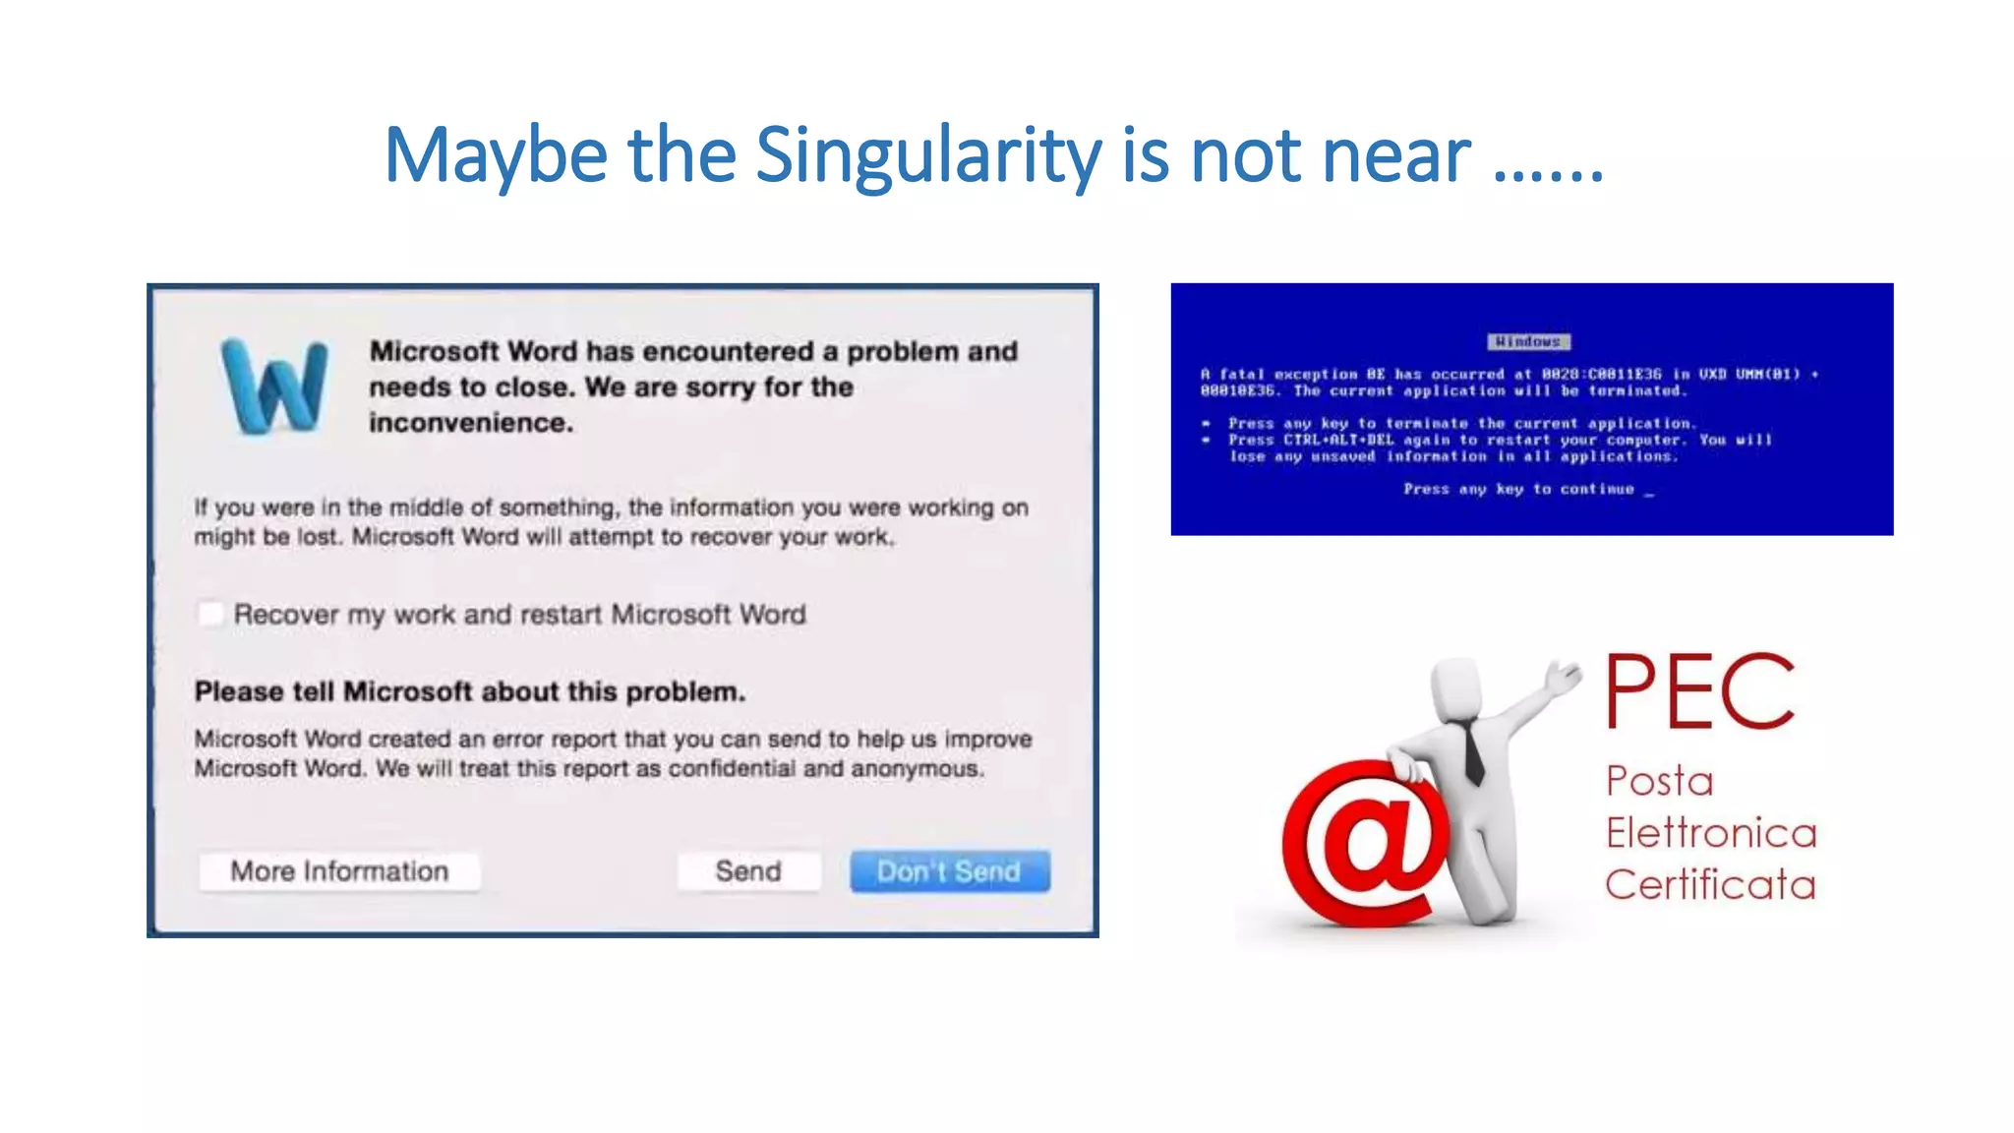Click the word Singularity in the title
point(928,155)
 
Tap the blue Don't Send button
point(949,871)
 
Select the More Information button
point(339,871)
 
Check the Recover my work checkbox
point(210,615)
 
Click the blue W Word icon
point(274,386)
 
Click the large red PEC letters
point(1700,692)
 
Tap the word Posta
point(1660,782)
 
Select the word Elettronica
point(1711,833)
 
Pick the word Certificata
point(1710,884)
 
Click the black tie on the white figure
point(1472,752)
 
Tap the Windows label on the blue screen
point(1528,341)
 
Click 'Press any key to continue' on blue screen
point(1519,489)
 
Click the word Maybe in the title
point(496,155)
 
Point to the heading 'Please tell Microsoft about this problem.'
point(470,692)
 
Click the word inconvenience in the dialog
point(470,423)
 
